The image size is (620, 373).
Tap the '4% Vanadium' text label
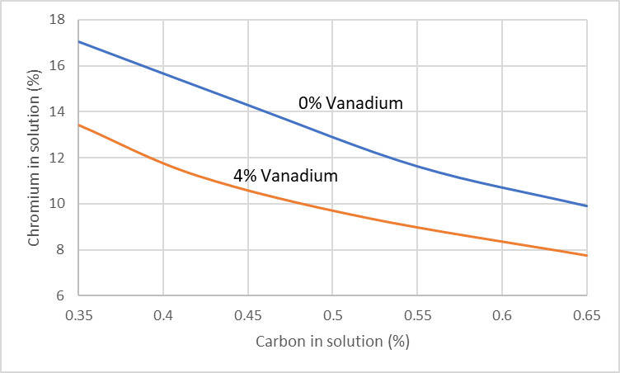286,175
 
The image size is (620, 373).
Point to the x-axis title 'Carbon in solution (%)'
333,340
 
